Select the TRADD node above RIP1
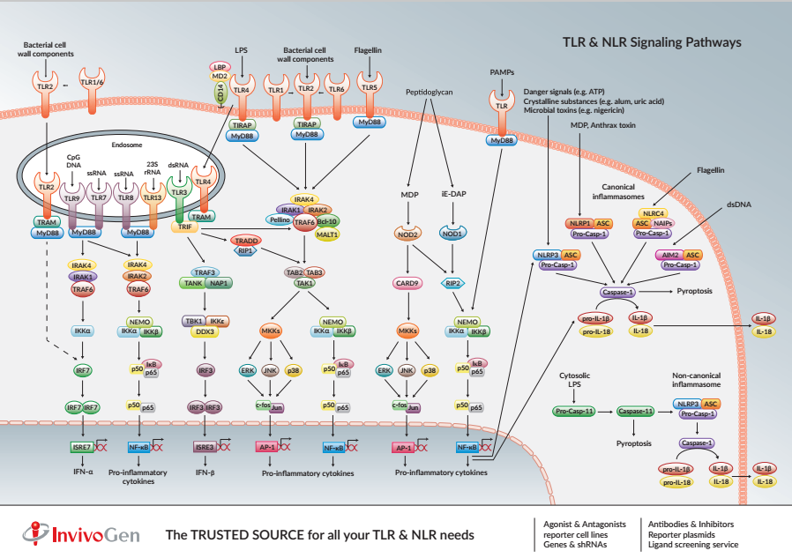244,240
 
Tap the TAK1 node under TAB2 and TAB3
304,284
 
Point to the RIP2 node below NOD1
453,284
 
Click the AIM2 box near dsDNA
669,255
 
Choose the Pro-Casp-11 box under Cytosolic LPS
574,411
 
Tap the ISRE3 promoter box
205,448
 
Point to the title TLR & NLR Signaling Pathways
652,41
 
